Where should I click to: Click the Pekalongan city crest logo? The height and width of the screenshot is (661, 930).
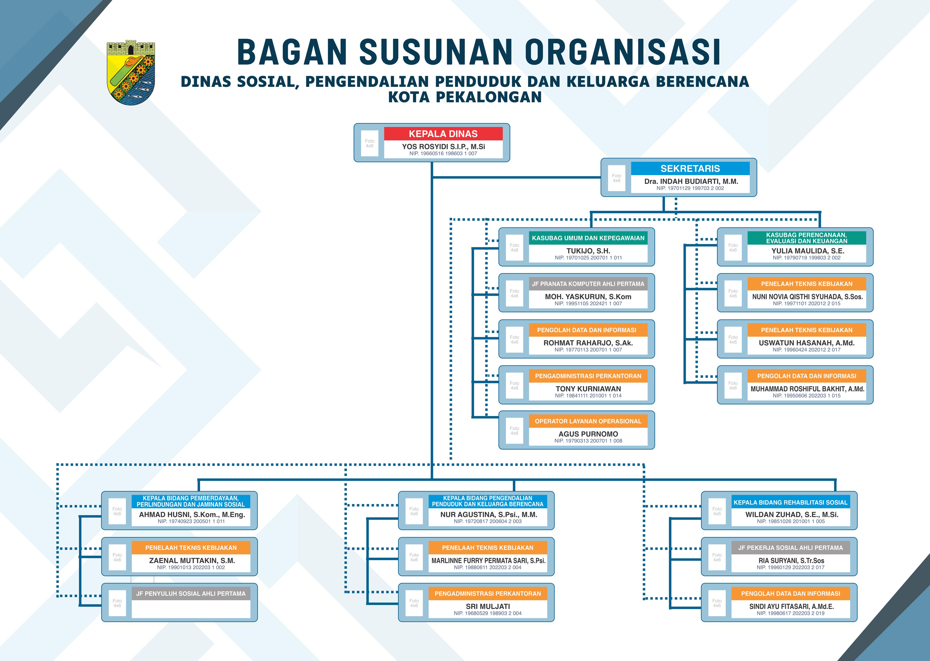pyautogui.click(x=131, y=72)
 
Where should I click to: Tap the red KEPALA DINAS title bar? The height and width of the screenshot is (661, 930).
pyautogui.click(x=443, y=134)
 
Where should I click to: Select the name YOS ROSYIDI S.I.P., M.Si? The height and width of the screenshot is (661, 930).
pyautogui.click(x=443, y=146)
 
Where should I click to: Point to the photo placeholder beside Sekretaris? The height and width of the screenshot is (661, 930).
pyautogui.click(x=616, y=178)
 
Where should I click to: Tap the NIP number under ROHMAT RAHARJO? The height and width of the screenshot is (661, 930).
pyautogui.click(x=588, y=350)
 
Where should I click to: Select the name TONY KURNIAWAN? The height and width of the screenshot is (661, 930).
pyautogui.click(x=588, y=389)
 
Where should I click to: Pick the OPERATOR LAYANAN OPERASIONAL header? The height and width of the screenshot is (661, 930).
pyautogui.click(x=588, y=421)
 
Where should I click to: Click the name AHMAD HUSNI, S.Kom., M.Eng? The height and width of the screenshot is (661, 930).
pyautogui.click(x=192, y=515)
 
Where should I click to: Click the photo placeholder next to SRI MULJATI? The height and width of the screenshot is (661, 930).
pyautogui.click(x=414, y=603)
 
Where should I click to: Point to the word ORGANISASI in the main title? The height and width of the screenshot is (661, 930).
pyautogui.click(x=623, y=52)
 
